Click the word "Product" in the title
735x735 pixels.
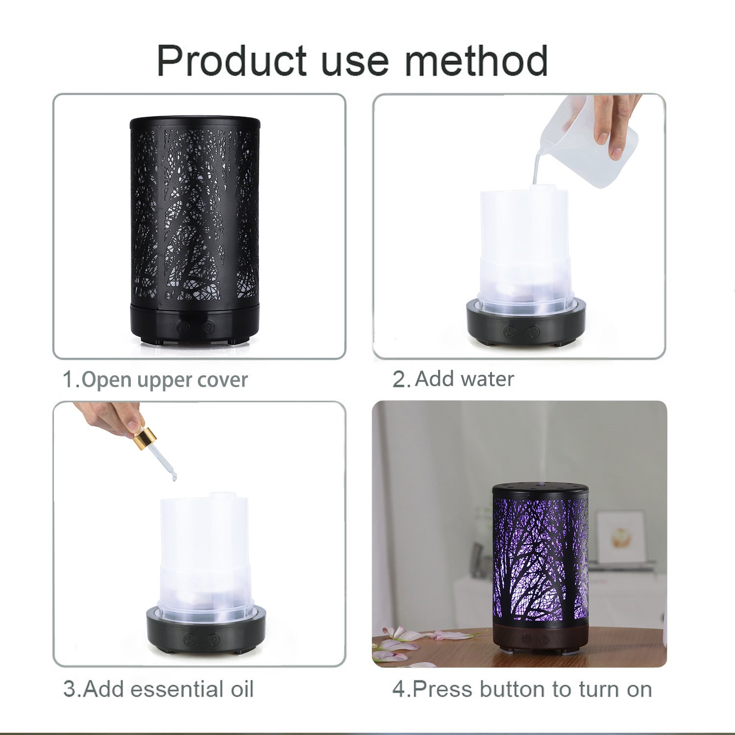point(232,61)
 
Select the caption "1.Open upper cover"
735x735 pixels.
point(155,380)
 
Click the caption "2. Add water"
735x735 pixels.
point(453,379)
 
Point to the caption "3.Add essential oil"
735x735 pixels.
point(158,689)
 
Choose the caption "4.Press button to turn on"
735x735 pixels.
point(522,689)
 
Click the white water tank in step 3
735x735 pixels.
point(206,554)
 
